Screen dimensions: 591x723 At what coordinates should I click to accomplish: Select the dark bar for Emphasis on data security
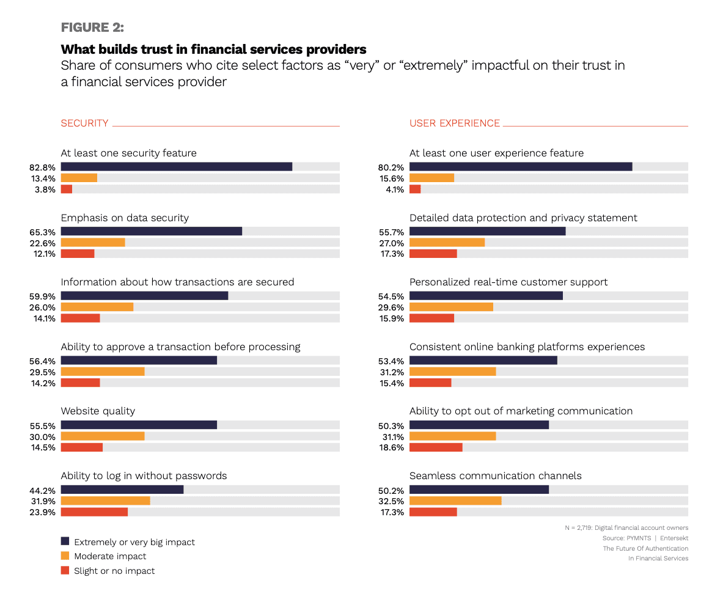[151, 231]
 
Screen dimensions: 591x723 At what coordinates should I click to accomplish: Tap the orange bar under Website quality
[103, 436]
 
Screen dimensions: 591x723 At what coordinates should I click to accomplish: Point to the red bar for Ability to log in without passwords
[94, 512]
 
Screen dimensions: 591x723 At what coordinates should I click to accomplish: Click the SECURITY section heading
[84, 123]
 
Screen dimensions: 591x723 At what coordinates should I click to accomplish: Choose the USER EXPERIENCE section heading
[454, 123]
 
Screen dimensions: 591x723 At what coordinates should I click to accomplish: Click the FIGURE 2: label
[92, 28]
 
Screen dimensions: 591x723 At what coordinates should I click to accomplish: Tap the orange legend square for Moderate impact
[65, 556]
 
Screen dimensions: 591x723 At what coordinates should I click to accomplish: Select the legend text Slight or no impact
[114, 571]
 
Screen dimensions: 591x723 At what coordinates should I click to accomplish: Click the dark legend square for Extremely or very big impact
[65, 541]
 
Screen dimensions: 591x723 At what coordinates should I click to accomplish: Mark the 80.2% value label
[391, 167]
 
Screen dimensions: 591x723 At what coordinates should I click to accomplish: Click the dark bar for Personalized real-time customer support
[486, 296]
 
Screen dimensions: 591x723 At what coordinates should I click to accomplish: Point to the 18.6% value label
[391, 447]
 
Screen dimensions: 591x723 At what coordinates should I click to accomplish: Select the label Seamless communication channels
[495, 475]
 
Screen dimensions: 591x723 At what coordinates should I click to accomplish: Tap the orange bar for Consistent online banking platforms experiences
[452, 372]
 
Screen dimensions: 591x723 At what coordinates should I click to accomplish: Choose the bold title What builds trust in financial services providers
[213, 49]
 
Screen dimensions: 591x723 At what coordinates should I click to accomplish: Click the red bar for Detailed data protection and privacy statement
[433, 254]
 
